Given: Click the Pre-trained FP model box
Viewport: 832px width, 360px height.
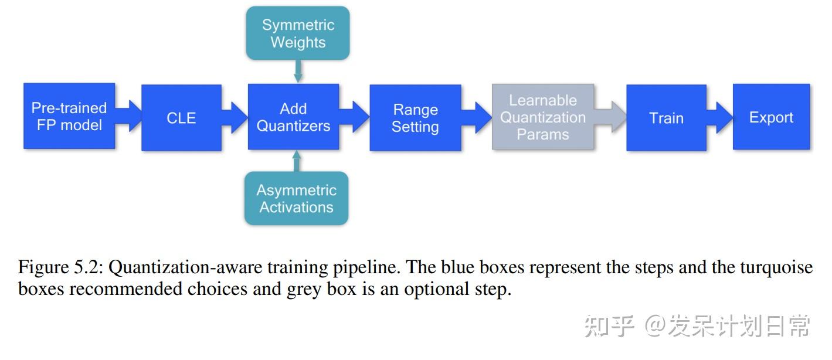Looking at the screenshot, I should point(69,116).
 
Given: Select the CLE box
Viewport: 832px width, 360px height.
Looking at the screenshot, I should point(181,118).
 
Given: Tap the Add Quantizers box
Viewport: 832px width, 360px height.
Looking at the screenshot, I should point(293,117).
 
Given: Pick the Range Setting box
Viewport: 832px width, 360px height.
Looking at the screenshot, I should point(415,118).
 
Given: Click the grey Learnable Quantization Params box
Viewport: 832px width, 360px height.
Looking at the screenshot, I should point(543,117).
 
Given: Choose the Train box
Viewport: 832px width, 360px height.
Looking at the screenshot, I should point(666,118).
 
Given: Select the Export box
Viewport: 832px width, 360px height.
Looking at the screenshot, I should point(771,117).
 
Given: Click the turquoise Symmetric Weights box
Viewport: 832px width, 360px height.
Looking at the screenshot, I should point(298,33).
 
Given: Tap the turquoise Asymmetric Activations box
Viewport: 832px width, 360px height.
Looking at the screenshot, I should point(296,199).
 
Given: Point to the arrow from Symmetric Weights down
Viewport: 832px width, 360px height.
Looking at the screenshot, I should point(298,72).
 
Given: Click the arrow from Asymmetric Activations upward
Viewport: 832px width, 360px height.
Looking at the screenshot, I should point(296,161).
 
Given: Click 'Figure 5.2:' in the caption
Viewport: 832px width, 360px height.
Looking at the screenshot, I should point(61,267).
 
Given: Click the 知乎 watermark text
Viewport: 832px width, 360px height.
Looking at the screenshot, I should point(609,327).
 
